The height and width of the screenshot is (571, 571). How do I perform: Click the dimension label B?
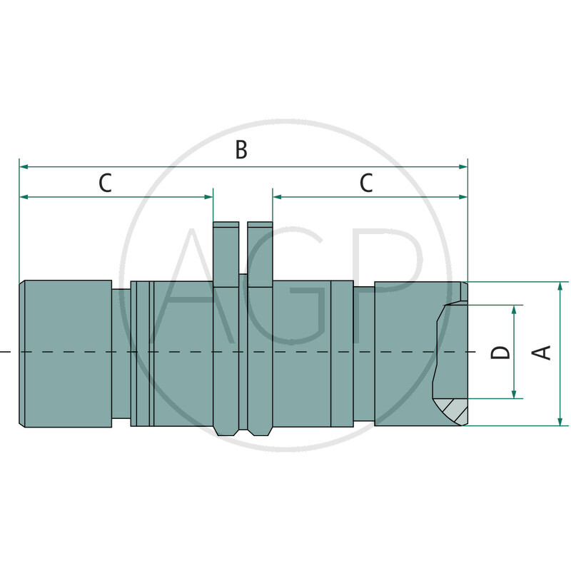coord(242,150)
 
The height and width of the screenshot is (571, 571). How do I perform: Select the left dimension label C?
coord(105,183)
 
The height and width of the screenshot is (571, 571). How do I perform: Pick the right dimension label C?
coord(366,183)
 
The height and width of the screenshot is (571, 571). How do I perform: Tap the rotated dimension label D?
coord(502,352)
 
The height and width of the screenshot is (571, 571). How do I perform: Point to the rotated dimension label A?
coord(544,352)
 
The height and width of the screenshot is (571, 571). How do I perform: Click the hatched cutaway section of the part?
coord(454,410)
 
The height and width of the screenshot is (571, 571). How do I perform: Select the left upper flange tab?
coord(226,253)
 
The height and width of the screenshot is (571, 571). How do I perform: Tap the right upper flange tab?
coord(260,253)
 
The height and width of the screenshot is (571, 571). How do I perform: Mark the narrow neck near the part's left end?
coord(121,353)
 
